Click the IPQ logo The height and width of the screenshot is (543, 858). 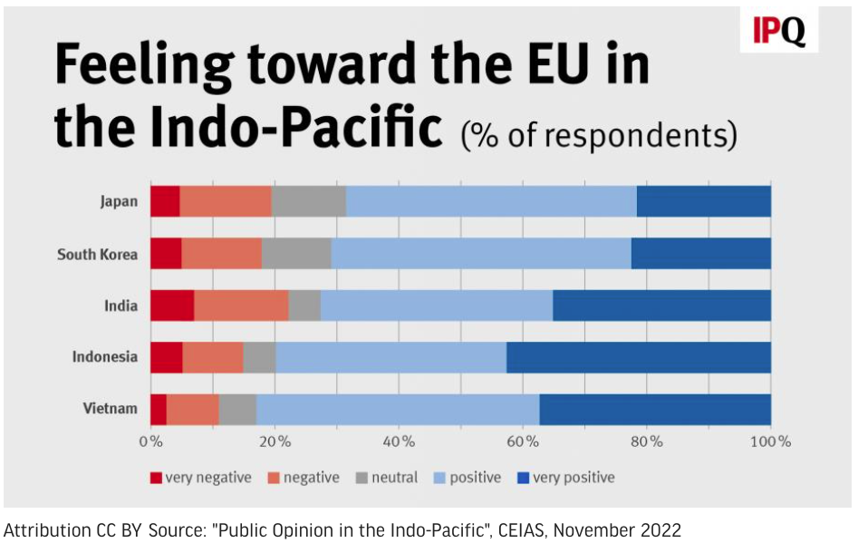pyautogui.click(x=779, y=32)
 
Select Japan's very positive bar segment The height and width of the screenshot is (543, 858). pyautogui.click(x=703, y=201)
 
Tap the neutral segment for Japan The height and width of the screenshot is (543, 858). pyautogui.click(x=308, y=201)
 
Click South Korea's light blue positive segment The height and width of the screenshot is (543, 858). pyautogui.click(x=480, y=253)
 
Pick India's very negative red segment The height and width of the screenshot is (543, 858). pyautogui.click(x=172, y=305)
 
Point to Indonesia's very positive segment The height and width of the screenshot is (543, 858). pyautogui.click(x=638, y=357)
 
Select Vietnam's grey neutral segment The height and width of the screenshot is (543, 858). pyautogui.click(x=237, y=409)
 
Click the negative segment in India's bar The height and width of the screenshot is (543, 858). pyautogui.click(x=241, y=305)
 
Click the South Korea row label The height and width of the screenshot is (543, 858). pyautogui.click(x=97, y=254)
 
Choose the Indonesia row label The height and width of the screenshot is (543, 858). pyautogui.click(x=105, y=357)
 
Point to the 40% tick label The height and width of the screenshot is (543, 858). pyautogui.click(x=400, y=442)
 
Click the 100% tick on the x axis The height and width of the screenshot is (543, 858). pyautogui.click(x=771, y=442)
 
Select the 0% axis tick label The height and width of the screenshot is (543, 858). pyautogui.click(x=150, y=442)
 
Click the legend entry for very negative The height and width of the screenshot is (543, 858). pyautogui.click(x=201, y=477)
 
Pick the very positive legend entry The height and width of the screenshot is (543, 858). pyautogui.click(x=564, y=477)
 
